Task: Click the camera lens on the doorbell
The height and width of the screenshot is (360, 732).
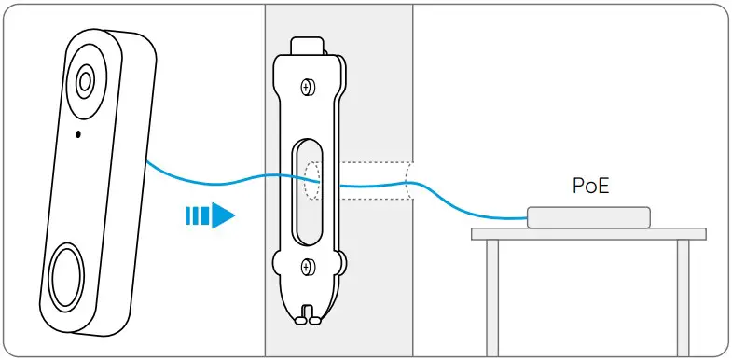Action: click(x=85, y=80)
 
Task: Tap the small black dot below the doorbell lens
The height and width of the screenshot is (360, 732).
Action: click(x=77, y=133)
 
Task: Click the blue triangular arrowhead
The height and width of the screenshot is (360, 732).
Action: click(x=221, y=216)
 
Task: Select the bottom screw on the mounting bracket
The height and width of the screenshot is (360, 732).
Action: click(x=307, y=268)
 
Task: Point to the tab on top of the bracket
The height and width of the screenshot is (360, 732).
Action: click(x=307, y=45)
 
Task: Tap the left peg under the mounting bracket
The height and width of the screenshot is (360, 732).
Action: click(x=299, y=318)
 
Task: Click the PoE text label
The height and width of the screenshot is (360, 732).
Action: click(x=590, y=186)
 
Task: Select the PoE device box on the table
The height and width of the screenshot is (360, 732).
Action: click(x=587, y=216)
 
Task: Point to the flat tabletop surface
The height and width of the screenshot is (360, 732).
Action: click(x=587, y=233)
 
